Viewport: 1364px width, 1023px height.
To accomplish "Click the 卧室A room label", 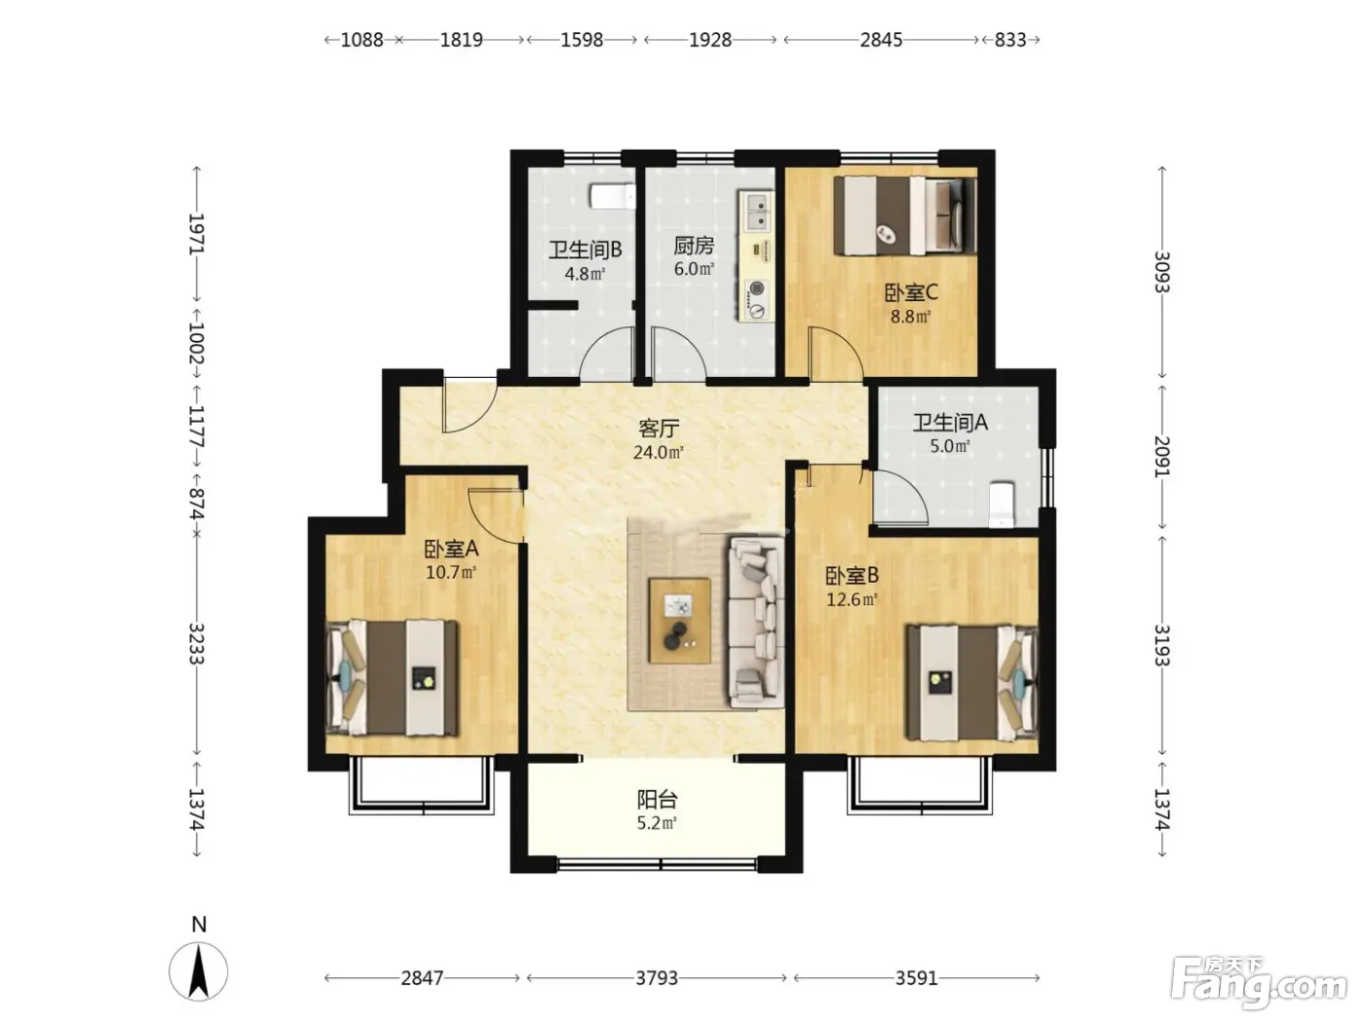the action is pos(451,549).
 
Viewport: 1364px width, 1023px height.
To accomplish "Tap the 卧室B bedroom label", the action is pos(852,577).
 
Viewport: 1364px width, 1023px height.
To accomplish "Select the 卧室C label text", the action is pos(911,292).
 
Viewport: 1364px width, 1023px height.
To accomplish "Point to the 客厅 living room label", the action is pos(659,429).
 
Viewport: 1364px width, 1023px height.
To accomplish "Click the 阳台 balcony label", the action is pos(657,799).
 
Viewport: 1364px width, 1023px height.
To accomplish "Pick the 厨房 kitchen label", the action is pos(694,246).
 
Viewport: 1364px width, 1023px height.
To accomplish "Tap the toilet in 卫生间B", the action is pos(613,196).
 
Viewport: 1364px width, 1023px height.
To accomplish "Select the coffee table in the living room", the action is pos(680,621).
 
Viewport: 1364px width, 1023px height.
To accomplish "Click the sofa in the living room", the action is pos(756,623).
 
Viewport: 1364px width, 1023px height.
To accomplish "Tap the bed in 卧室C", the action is pos(905,215).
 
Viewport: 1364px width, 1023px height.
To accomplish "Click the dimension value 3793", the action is pos(657,978).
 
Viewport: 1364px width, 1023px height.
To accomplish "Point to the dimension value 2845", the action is pos(881,40).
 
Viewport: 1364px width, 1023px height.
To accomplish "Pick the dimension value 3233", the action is pos(197,643).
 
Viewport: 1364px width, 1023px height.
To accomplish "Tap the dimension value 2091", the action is pos(1162,457).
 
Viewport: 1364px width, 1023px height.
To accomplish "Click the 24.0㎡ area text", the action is pos(659,452).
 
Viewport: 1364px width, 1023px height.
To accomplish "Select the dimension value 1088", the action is pos(362,40).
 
